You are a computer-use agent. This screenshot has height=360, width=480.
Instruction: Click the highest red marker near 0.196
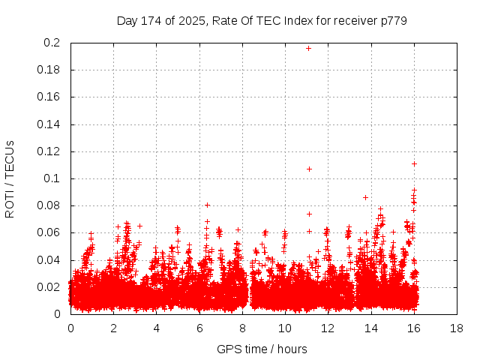pos(308,48)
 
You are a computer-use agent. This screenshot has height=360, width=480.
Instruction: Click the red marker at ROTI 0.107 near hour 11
pos(309,169)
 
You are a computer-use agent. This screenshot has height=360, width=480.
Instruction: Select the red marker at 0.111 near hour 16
pos(414,163)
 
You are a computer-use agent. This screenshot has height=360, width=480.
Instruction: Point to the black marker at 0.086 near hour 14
pos(365,197)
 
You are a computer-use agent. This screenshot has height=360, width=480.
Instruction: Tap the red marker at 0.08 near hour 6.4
pos(207,205)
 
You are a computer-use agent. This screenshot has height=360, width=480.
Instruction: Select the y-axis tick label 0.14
pos(50,124)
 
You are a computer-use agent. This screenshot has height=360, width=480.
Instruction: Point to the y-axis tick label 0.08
pos(50,205)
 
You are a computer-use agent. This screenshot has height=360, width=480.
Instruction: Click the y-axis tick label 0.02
pos(50,287)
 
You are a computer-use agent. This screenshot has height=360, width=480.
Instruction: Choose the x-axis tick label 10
pos(285,328)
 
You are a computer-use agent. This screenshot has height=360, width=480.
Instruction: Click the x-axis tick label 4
pos(157,328)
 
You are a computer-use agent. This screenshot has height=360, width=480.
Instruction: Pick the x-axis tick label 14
pos(370,328)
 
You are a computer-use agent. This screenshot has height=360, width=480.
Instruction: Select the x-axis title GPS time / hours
pos(262,349)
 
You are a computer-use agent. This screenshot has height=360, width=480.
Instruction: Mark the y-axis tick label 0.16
pos(50,97)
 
